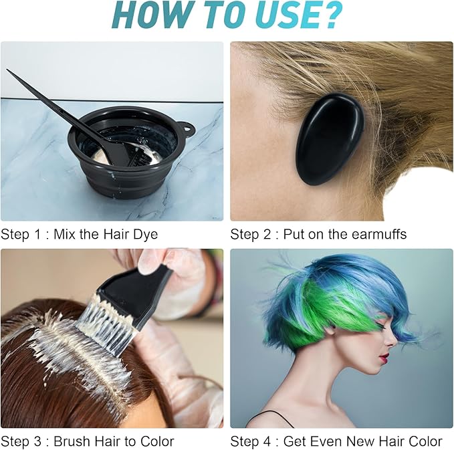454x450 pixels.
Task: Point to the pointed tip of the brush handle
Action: (9, 71)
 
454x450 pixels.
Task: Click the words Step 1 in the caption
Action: (19, 235)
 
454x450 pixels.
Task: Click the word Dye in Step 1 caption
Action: (145, 235)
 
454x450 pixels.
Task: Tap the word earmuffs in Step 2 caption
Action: (374, 235)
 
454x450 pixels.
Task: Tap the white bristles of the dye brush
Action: (100, 328)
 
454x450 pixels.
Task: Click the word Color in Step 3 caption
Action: (156, 441)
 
